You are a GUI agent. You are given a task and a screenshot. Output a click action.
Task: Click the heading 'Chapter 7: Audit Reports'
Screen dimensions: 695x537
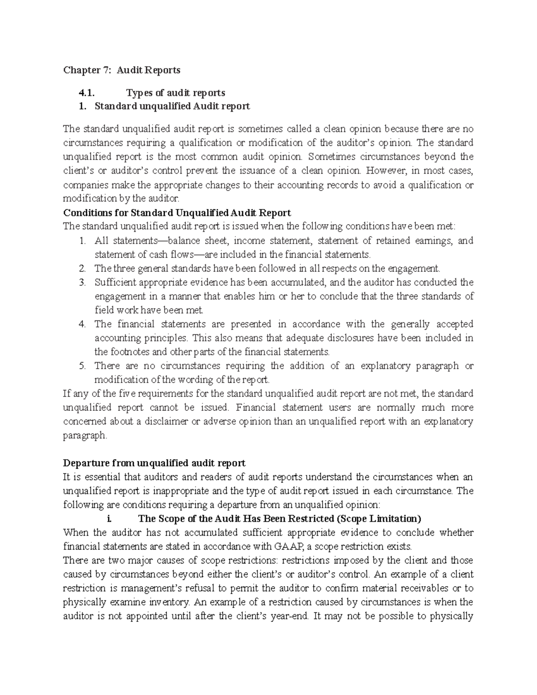pos(122,70)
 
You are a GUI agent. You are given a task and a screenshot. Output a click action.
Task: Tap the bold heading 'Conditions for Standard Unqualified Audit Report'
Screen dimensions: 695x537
pos(177,213)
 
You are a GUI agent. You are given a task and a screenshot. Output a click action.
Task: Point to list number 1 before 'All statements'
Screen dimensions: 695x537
pos(82,241)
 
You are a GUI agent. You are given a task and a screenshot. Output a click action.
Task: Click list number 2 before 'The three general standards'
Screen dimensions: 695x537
pos(82,269)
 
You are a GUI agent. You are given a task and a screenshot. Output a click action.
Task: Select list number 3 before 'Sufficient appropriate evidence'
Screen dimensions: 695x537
pos(82,282)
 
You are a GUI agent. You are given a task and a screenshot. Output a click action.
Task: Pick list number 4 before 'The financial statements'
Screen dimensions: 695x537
pos(82,324)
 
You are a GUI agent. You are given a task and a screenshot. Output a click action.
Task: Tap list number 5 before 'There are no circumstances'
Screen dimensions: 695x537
pos(82,366)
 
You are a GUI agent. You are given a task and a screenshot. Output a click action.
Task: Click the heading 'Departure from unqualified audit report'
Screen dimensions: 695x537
pos(154,463)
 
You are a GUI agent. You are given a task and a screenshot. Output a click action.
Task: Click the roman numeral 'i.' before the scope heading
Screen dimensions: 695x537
pos(109,519)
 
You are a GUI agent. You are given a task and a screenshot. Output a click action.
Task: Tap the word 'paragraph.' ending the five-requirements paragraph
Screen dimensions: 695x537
pos(85,435)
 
